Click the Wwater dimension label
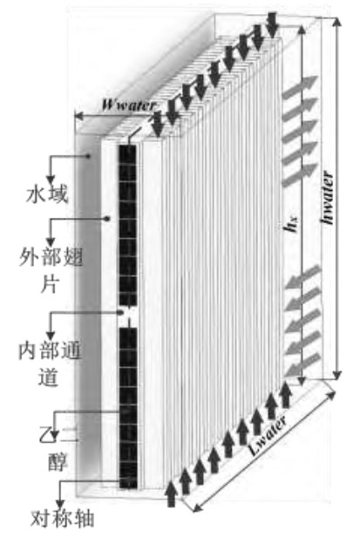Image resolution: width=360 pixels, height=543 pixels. [x=129, y=105]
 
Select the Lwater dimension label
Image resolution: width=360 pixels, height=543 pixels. [x=268, y=437]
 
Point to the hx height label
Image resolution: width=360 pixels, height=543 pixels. [x=292, y=225]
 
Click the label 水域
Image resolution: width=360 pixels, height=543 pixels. [x=47, y=194]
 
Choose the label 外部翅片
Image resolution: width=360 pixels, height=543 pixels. [x=51, y=270]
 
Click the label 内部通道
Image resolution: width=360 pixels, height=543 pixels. [x=50, y=363]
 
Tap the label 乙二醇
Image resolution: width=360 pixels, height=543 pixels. [x=58, y=450]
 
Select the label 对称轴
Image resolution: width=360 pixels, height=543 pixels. [x=62, y=519]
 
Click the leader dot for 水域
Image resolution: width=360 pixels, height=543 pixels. [x=88, y=156]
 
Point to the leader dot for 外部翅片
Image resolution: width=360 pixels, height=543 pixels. [x=108, y=219]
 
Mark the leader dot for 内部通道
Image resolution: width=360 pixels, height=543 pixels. [x=121, y=312]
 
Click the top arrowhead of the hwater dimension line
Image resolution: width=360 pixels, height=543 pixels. [x=336, y=21]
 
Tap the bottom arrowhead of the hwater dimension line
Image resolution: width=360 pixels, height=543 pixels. [x=336, y=375]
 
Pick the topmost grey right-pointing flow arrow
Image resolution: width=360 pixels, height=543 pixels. [x=300, y=84]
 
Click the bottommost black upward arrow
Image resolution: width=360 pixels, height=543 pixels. [x=171, y=493]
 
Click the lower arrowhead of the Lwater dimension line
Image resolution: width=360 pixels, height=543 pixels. [x=196, y=507]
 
